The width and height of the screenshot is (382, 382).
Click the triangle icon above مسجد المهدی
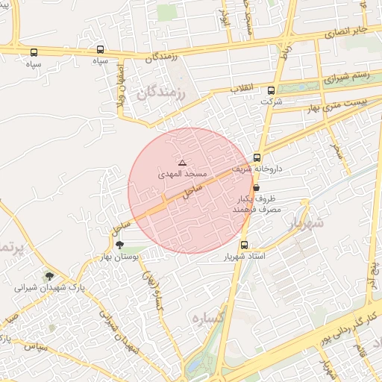(x=183, y=163)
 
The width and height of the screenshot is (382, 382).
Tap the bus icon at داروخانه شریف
(x=257, y=158)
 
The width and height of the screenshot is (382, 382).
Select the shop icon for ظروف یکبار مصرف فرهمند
(x=257, y=188)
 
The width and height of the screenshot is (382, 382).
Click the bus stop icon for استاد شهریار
(x=244, y=245)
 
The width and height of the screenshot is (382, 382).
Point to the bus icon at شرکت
(x=270, y=90)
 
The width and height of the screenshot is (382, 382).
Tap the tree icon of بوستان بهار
(x=119, y=245)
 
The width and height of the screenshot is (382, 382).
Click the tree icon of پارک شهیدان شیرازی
(x=49, y=275)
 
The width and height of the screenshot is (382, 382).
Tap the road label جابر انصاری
(x=351, y=31)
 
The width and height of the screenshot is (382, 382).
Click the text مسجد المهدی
(x=179, y=174)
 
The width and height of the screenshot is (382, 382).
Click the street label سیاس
(x=34, y=346)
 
